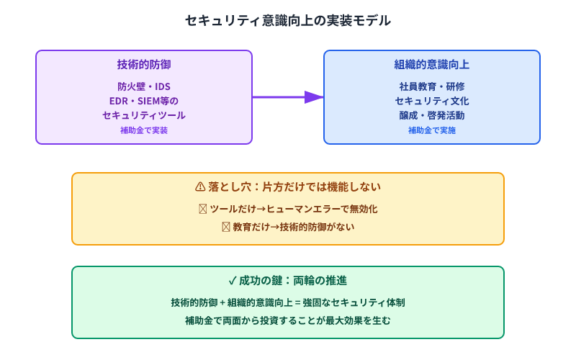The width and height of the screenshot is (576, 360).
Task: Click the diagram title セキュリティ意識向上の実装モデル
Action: (x=288, y=21)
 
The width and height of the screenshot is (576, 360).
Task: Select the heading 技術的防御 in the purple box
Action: (x=144, y=65)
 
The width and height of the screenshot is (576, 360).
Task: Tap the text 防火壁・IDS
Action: (x=144, y=86)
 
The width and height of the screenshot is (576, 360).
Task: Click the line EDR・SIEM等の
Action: (x=144, y=101)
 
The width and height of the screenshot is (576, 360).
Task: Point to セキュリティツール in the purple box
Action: (x=144, y=115)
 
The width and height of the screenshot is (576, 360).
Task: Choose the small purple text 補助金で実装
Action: (x=144, y=130)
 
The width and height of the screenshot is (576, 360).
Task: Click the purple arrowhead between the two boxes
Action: (x=314, y=97)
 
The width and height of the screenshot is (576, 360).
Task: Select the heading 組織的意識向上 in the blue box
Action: (x=432, y=65)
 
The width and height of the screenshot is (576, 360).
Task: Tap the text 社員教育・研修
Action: (x=432, y=86)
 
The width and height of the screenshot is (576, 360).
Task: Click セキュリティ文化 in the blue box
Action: (x=432, y=101)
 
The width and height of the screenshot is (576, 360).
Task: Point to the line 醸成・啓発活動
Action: (x=432, y=115)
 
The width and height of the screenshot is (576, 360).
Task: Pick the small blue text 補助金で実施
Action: (x=432, y=130)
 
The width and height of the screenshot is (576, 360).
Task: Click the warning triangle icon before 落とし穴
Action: (x=200, y=187)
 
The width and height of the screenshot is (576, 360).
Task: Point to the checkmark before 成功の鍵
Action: (x=233, y=281)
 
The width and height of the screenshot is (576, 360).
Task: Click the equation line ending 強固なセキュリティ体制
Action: (x=288, y=302)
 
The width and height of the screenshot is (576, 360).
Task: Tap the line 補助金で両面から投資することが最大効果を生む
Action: (x=288, y=320)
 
